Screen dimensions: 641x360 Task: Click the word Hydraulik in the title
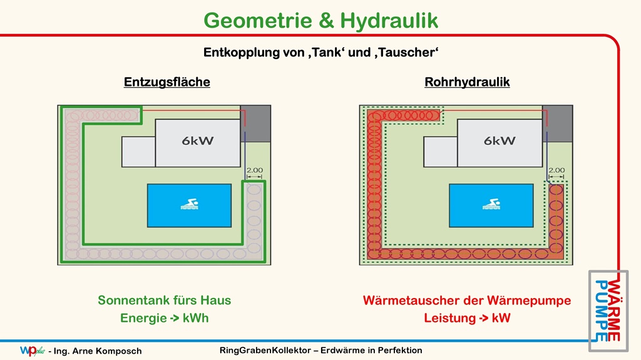pos(389,21)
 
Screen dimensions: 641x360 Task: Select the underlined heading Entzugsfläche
pos(167,82)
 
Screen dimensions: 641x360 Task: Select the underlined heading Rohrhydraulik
pos(467,82)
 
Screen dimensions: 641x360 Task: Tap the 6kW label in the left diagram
pos(198,141)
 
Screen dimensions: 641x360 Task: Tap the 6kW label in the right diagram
pos(500,141)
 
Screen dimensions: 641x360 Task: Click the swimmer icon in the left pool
pos(189,204)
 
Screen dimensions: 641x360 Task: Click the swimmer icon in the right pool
pos(491,204)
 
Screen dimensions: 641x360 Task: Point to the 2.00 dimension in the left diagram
pos(255,170)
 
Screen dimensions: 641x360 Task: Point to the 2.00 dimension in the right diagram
pos(556,170)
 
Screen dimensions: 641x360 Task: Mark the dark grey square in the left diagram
pos(255,123)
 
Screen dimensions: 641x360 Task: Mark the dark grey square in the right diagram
pos(558,123)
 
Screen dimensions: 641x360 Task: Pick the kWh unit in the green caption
pos(196,318)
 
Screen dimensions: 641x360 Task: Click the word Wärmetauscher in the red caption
pos(412,301)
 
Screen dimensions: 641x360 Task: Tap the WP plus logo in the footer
pos(33,351)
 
